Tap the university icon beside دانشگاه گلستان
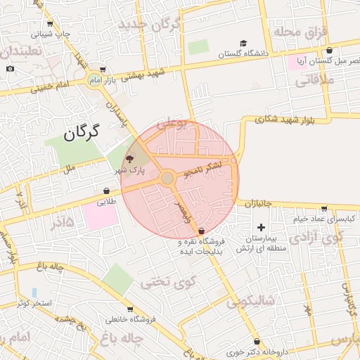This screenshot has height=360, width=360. [243, 43]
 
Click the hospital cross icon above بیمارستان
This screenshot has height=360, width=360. [262, 227]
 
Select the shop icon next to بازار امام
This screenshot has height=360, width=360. [103, 70]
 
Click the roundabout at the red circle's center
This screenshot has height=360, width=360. [167, 179]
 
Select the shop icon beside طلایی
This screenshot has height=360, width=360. [106, 191]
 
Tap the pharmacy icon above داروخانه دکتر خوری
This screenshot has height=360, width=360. [257, 341]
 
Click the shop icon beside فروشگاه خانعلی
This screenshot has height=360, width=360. [130, 309]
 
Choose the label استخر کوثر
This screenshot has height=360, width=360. [32, 303]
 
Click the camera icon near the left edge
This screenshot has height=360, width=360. [10, 68]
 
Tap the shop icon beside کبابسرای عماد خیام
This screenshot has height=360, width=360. [323, 208]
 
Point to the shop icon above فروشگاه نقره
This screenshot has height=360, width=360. [202, 231]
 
